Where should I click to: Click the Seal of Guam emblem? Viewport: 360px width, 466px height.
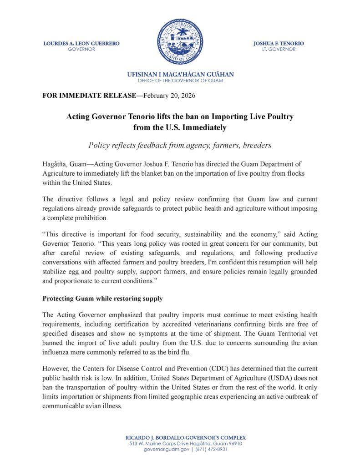click(x=180, y=41)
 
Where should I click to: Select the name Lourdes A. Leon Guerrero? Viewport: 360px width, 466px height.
click(x=81, y=43)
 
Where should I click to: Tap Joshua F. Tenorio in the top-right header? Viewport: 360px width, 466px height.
click(x=279, y=43)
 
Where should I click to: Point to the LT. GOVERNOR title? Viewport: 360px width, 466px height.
click(x=279, y=49)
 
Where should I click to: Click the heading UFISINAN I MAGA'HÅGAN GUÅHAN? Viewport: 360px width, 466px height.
click(x=180, y=74)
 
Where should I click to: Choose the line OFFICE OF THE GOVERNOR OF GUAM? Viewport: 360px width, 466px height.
click(x=180, y=80)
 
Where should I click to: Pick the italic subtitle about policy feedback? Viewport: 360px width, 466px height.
click(x=180, y=145)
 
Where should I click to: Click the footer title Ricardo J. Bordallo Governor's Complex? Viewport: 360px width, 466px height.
click(x=180, y=437)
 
